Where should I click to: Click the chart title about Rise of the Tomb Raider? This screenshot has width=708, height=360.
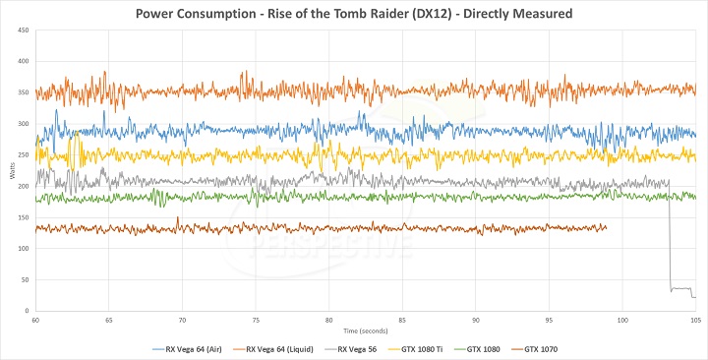(354, 13)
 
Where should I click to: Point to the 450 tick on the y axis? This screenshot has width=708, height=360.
(25, 30)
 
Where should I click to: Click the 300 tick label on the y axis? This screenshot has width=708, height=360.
(25, 124)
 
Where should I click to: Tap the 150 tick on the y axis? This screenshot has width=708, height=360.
(25, 217)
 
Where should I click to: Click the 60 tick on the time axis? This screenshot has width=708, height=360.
(35, 321)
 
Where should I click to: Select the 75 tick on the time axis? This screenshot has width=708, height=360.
(256, 321)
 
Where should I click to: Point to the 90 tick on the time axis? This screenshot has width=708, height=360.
(476, 321)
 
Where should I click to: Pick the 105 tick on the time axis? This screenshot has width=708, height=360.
(694, 321)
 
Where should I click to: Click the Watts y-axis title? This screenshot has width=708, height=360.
(12, 171)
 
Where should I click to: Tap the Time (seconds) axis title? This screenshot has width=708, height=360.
(365, 329)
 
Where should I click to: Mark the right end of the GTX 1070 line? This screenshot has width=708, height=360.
(607, 227)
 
